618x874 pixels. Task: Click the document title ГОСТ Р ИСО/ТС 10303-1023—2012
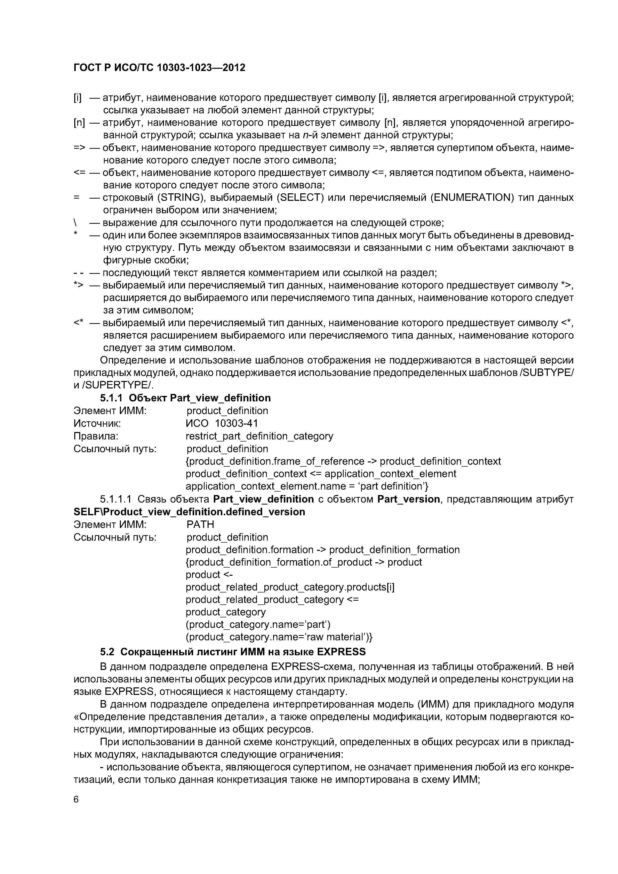click(159, 67)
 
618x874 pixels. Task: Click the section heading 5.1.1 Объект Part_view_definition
click(185, 398)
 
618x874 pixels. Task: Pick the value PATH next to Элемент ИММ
click(200, 524)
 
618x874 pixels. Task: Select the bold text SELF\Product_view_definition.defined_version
click(189, 512)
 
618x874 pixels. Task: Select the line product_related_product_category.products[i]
click(290, 587)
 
